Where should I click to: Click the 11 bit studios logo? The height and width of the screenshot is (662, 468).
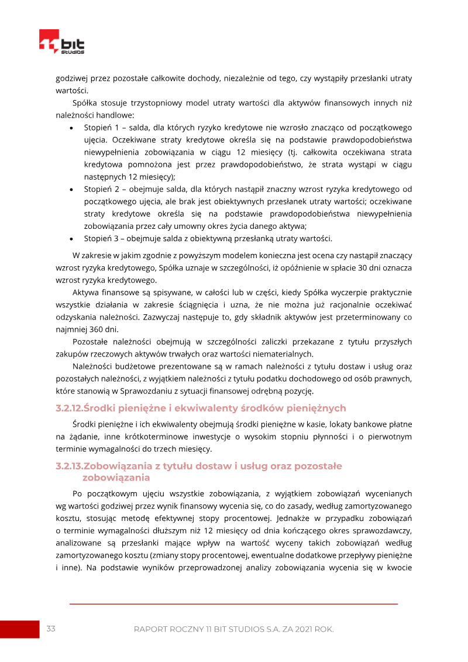61,42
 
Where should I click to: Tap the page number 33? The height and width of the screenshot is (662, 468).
51,629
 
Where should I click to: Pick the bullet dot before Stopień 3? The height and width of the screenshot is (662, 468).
71,239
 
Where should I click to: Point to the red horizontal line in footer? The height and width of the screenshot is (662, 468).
234,603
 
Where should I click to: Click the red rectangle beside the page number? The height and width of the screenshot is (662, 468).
19,629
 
